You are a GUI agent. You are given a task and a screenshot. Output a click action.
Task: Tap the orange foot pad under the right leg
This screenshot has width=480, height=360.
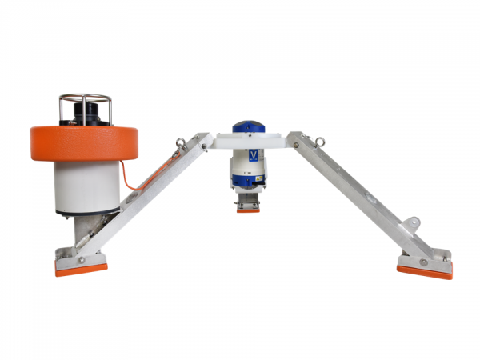(x=424, y=272)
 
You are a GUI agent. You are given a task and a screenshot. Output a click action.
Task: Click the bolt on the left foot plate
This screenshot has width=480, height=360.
(x=79, y=259)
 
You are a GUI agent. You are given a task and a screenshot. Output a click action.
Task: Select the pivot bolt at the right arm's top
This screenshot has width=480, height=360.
(x=296, y=144)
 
